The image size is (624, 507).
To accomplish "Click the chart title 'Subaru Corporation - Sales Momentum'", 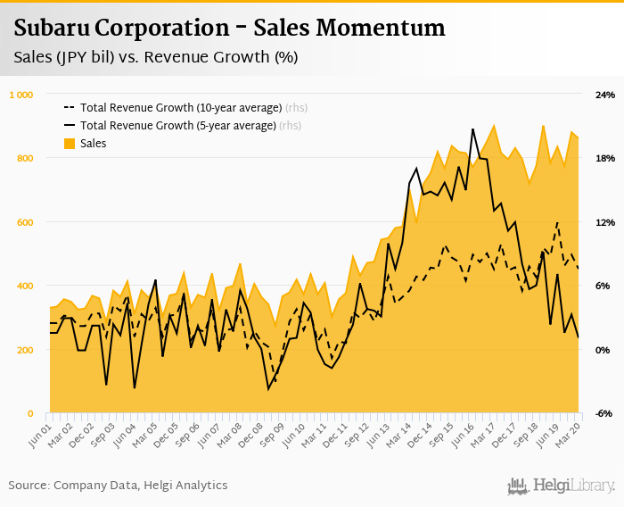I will tap(229, 29).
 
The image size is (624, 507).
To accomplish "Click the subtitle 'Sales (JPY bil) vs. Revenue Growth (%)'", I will tap(156, 58).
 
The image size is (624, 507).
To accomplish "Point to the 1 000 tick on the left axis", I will tap(21, 95).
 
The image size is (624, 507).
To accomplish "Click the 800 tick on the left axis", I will tap(24, 158).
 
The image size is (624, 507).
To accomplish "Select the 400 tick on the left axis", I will tap(24, 286).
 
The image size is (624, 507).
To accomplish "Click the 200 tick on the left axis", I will tap(24, 350).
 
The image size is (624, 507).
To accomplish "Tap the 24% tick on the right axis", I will tap(605, 95).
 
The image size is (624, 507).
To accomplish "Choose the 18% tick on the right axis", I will tap(605, 158).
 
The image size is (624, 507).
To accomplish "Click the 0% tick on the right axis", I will tap(603, 350).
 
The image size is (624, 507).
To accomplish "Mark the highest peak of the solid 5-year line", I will tap(472, 129).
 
